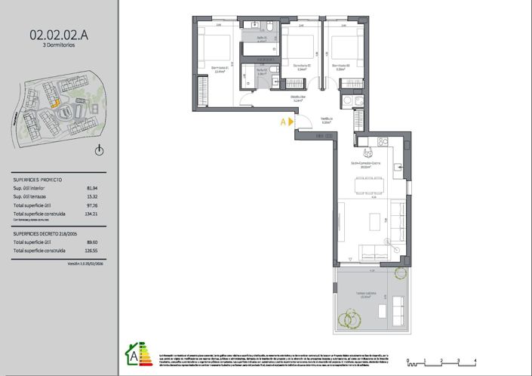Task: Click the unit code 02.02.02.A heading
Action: (59, 33)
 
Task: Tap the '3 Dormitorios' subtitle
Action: (59, 45)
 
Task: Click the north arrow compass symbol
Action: (99, 151)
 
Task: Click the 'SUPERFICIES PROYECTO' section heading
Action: (38, 180)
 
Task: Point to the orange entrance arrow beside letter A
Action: (290, 120)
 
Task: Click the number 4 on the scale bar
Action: (475, 361)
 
